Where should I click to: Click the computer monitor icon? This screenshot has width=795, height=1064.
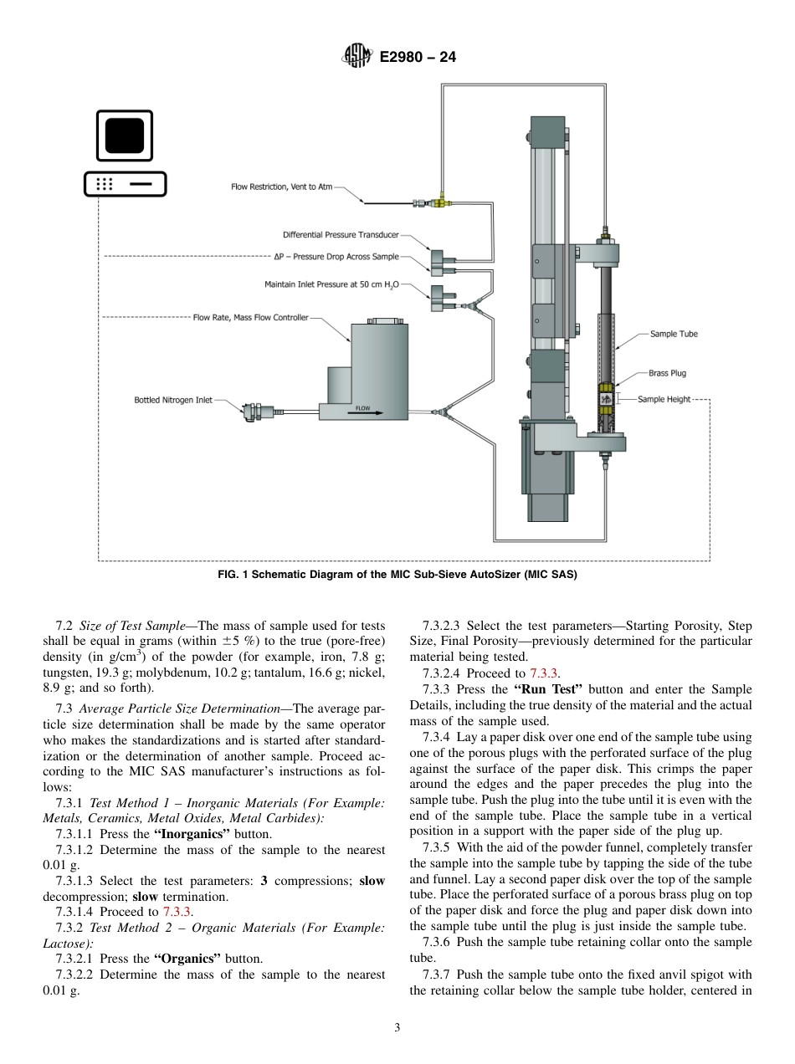[124, 136]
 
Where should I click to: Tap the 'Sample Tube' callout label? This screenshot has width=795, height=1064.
[674, 334]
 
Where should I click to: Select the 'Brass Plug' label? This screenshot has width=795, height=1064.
[667, 373]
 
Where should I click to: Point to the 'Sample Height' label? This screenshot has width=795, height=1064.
[664, 399]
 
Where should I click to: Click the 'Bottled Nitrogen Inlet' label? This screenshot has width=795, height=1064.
[173, 400]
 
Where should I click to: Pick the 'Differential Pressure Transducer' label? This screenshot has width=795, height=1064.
[341, 235]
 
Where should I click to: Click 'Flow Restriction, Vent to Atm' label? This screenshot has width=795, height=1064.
[281, 187]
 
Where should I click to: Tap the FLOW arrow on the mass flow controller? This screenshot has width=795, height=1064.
[363, 410]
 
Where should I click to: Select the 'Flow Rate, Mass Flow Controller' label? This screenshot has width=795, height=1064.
[250, 317]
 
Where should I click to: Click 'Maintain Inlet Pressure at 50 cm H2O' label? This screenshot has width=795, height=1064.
[331, 285]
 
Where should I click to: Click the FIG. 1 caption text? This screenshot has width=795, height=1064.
[397, 575]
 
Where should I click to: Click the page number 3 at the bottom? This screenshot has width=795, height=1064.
[397, 1028]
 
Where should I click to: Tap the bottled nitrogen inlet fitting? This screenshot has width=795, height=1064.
[254, 410]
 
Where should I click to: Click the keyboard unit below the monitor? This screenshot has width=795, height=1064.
[125, 184]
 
